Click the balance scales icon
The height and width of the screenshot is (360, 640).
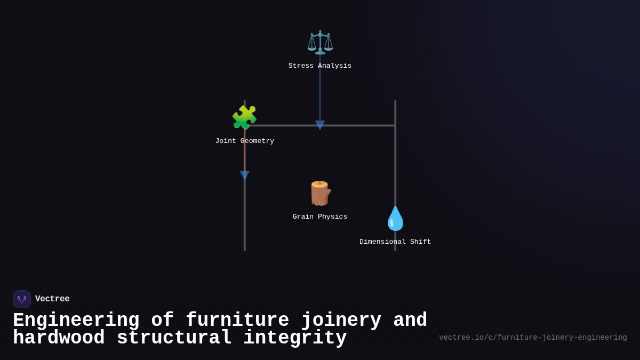[320, 42]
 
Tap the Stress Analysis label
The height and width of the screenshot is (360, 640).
[320, 66]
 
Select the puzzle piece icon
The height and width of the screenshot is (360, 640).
[244, 117]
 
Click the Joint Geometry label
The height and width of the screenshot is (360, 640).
[245, 141]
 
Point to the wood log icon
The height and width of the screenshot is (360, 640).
[320, 193]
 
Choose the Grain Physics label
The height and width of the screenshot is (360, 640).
[320, 217]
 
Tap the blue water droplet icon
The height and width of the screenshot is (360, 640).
[395, 218]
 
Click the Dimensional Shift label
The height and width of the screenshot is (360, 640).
[395, 242]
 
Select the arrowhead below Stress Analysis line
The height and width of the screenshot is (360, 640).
[320, 125]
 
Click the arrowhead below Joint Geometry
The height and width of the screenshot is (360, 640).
[245, 175]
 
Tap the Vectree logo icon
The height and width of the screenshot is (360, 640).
[22, 299]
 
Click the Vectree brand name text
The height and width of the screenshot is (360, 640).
[52, 299]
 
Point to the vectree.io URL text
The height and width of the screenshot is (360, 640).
[533, 338]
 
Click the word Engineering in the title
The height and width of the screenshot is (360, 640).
[76, 321]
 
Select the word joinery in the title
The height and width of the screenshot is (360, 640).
[341, 321]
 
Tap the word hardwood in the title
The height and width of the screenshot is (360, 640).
[59, 338]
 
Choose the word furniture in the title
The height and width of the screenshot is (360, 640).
[237, 321]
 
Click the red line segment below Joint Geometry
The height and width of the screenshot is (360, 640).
[245, 157]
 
